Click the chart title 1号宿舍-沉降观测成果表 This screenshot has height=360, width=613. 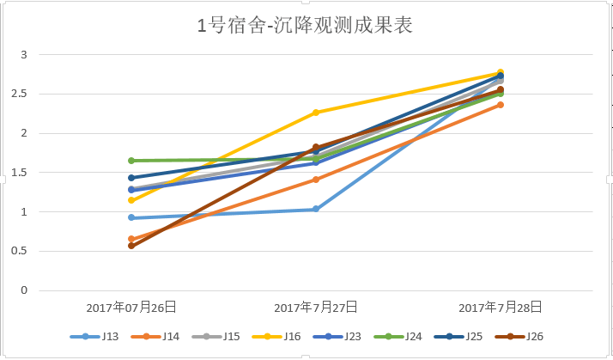pyautogui.click(x=306, y=26)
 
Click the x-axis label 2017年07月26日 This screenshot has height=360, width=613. pyautogui.click(x=131, y=307)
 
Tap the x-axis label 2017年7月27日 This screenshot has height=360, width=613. pyautogui.click(x=316, y=307)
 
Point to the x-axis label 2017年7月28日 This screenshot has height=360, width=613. pyautogui.click(x=500, y=307)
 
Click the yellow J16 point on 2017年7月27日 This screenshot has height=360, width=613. pyautogui.click(x=316, y=113)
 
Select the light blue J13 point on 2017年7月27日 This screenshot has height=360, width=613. pyautogui.click(x=316, y=209)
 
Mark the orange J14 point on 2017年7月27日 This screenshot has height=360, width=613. pyautogui.click(x=316, y=180)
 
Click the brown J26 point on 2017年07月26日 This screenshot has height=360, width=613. pyautogui.click(x=131, y=246)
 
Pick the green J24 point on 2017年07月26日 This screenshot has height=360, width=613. pyautogui.click(x=131, y=161)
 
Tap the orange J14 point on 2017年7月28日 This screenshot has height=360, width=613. pyautogui.click(x=501, y=105)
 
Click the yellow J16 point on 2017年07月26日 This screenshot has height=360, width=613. pyautogui.click(x=131, y=200)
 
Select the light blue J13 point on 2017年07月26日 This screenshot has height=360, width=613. pyautogui.click(x=131, y=217)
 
